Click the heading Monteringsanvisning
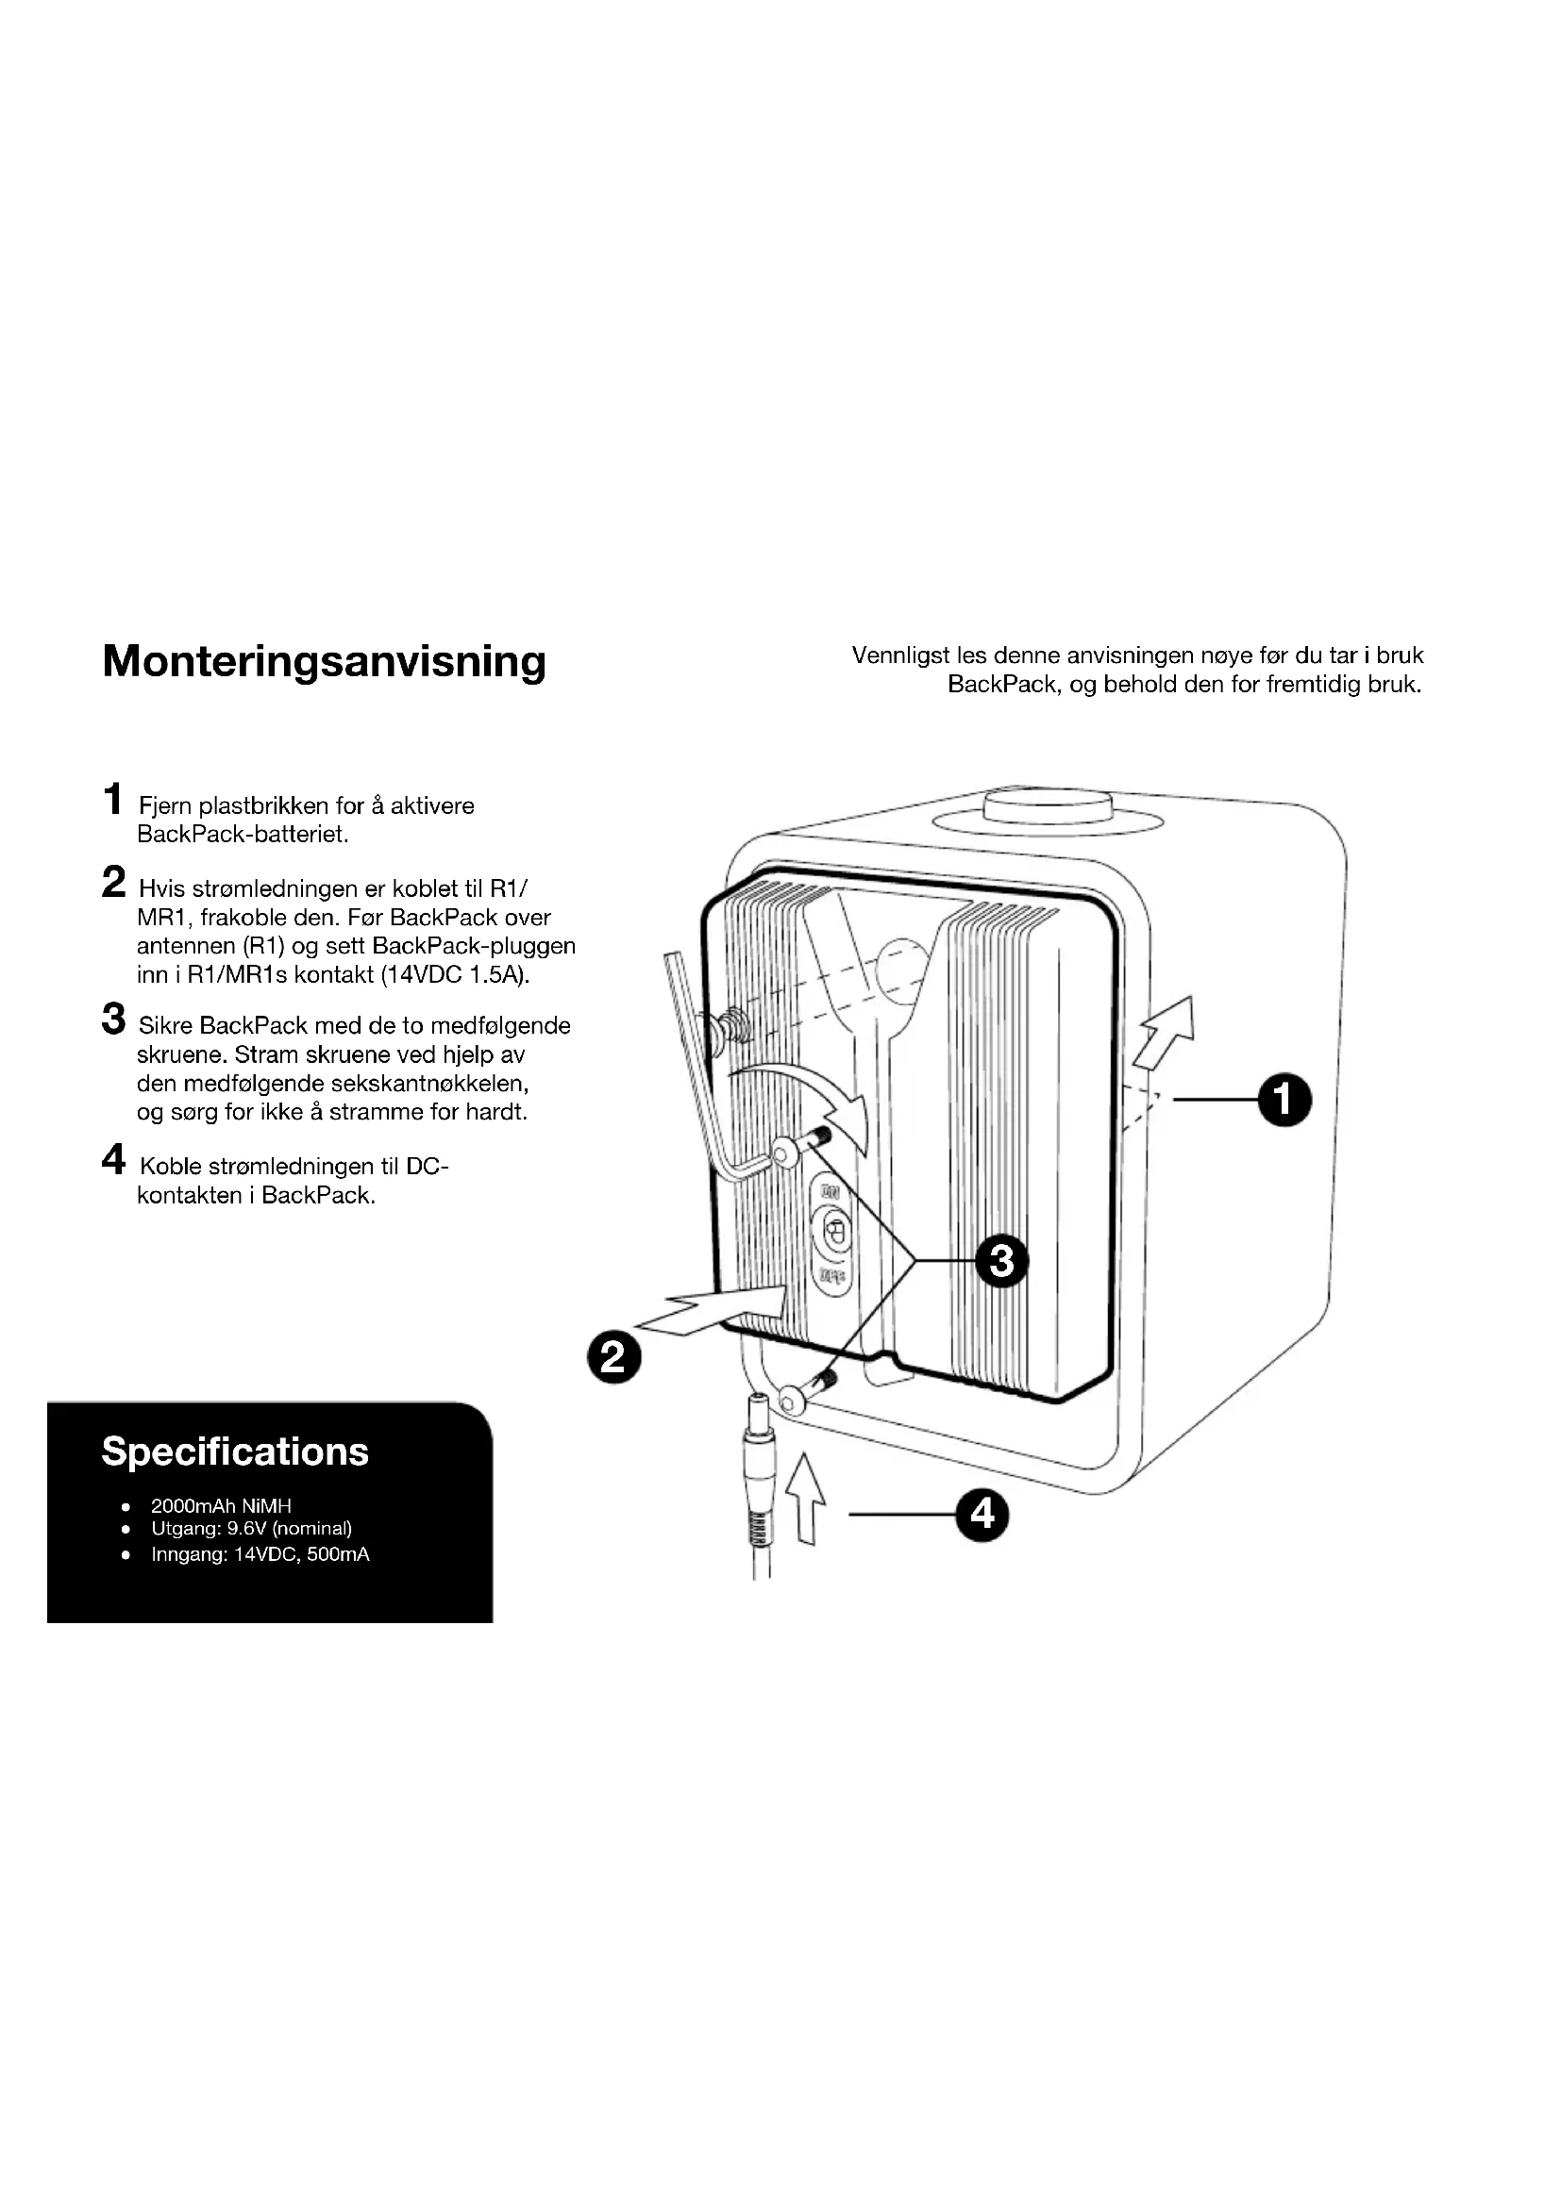pos(324,661)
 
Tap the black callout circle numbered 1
pos(1284,1099)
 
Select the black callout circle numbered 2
pos(613,1357)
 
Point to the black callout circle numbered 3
pos(1001,1260)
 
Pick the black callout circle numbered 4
pos(982,1515)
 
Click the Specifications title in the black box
pos(235,1451)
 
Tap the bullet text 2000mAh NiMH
pos(220,1505)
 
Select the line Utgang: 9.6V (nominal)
pos(251,1528)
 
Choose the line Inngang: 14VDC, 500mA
pos(260,1553)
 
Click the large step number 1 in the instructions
pos(113,799)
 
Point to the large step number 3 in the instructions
pos(113,1019)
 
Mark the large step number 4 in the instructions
pos(113,1160)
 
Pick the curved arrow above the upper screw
pos(808,1090)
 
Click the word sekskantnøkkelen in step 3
pos(428,1084)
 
